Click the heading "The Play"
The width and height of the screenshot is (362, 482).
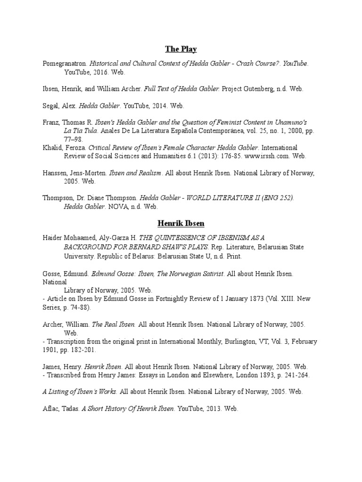point(181,49)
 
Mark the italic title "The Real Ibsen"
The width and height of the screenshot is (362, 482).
point(114,324)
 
